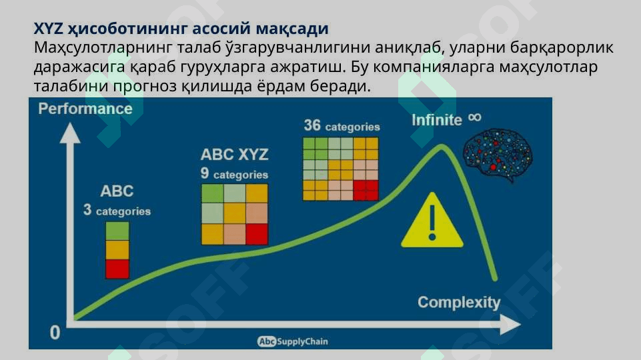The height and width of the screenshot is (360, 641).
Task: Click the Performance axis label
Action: pos(85,109)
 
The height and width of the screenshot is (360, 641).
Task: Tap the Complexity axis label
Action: pos(459,303)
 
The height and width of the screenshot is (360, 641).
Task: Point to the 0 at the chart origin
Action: pos(55,333)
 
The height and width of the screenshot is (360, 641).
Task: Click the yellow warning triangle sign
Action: pos(432,220)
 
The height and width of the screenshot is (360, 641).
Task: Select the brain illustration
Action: pos(498,155)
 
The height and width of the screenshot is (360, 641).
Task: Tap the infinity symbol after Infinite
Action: pos(475,118)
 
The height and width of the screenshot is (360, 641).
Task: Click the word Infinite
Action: pos(437,120)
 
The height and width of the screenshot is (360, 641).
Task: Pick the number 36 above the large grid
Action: pos(312,125)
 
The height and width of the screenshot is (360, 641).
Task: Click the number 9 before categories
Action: pos(205,173)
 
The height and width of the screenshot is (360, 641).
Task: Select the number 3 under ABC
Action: pos(87,209)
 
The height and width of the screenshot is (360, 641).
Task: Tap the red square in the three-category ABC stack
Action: pos(117,269)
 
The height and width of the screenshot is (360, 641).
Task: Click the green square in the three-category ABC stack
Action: pos(117,231)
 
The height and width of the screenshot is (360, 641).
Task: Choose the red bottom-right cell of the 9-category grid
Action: pos(257,234)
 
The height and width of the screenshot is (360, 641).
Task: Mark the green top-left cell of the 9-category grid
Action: pos(213,194)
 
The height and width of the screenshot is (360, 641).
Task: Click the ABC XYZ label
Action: pos(235,155)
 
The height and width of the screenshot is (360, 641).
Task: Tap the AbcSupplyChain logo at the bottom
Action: pos(293,341)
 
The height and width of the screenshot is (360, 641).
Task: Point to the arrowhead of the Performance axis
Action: pos(70,133)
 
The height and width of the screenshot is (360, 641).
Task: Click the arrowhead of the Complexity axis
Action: pos(511,325)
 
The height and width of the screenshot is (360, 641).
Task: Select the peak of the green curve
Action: pos(442,147)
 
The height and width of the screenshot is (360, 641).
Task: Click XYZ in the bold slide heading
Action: pos(48,29)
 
